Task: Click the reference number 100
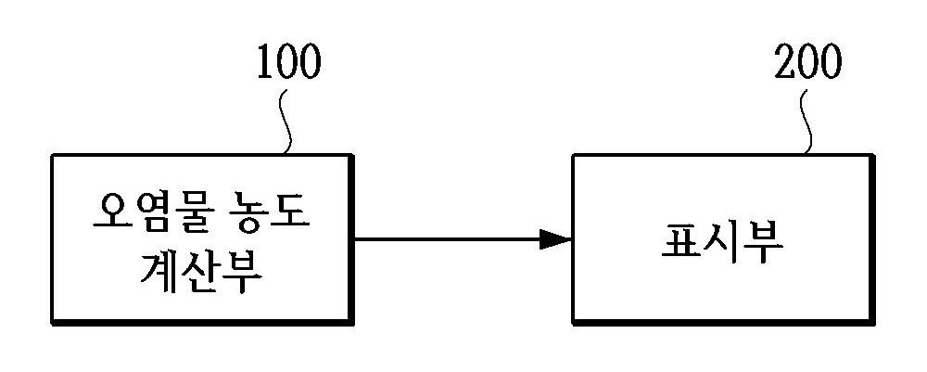[289, 61]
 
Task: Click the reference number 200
[807, 61]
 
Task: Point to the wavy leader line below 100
[286, 122]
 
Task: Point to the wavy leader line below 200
[806, 122]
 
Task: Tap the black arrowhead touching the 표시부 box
[555, 239]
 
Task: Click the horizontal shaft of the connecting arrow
[447, 239]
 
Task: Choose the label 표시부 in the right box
[721, 242]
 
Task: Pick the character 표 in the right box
[680, 242]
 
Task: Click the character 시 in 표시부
[722, 242]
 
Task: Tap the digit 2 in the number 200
[784, 61]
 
